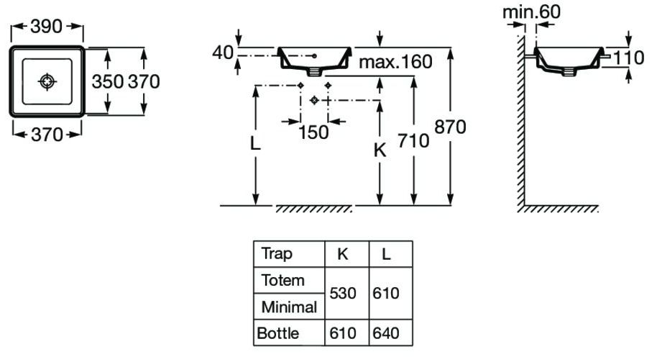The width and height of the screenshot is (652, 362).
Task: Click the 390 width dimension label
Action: coord(46,26)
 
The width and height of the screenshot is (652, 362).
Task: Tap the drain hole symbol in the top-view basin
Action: coord(47,81)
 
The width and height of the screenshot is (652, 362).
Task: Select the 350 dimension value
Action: coord(108,81)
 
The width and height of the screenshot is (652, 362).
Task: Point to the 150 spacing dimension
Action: coord(313,132)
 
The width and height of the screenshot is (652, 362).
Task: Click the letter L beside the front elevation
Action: coord(255,143)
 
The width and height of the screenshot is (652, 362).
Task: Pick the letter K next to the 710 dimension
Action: coord(380,150)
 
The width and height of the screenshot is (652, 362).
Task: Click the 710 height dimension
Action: coord(413,140)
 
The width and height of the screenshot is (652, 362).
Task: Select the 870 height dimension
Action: coord(450,127)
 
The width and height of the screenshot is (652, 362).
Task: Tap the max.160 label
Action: coord(395,62)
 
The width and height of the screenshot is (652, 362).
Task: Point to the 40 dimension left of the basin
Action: coord(223,53)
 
